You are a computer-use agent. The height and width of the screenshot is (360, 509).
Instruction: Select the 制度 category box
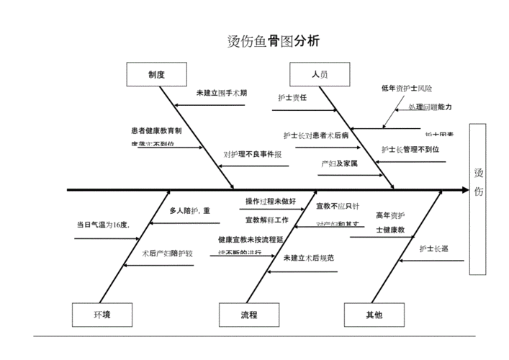(x=157, y=74)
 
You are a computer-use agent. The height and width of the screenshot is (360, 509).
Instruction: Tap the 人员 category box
(x=320, y=74)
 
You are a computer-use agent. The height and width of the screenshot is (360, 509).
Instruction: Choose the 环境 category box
(x=102, y=315)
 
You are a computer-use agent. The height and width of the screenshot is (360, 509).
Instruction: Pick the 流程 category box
(x=249, y=315)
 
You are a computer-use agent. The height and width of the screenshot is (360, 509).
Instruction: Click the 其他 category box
(x=374, y=315)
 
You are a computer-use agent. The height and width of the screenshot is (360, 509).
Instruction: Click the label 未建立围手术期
(x=222, y=94)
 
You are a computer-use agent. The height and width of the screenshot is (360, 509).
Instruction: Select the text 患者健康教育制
(x=156, y=131)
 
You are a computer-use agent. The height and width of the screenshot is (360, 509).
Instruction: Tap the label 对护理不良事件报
(x=252, y=154)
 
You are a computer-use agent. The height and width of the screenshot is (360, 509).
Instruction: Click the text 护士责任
(x=292, y=97)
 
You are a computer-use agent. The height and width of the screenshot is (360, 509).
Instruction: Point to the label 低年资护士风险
(x=407, y=89)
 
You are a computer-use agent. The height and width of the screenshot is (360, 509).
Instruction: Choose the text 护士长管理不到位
(x=410, y=150)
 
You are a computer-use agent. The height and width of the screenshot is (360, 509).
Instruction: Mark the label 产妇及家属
(x=339, y=164)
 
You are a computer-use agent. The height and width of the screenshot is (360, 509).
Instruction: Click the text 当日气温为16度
(x=103, y=225)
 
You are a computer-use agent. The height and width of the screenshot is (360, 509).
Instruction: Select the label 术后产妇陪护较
(x=167, y=253)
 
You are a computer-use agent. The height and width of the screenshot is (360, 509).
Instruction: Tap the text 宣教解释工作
(x=266, y=220)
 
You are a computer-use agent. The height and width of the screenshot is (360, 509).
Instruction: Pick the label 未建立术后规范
(x=309, y=258)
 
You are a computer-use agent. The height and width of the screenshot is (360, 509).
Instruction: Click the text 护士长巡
(x=434, y=248)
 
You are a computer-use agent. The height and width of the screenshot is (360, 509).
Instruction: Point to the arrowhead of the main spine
(x=465, y=190)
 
